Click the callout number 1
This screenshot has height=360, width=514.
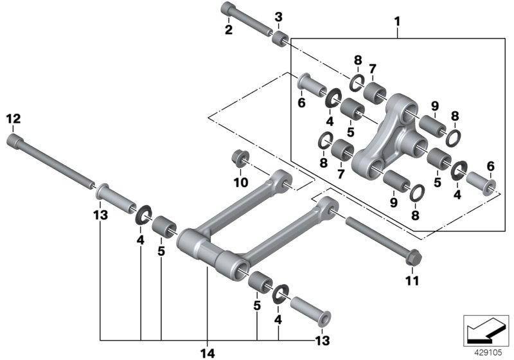[x=397, y=21]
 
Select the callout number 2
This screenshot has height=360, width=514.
[x=227, y=28]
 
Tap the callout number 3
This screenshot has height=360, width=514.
[x=278, y=16]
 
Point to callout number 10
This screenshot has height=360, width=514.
[x=242, y=183]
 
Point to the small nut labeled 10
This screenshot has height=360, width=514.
[x=242, y=157]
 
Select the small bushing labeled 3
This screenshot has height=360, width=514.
[x=279, y=39]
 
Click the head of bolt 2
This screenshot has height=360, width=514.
[x=229, y=9]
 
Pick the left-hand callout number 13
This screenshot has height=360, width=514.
[x=100, y=214]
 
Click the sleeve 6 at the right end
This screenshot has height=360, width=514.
[x=483, y=182]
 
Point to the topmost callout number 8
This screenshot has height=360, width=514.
[x=358, y=61]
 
